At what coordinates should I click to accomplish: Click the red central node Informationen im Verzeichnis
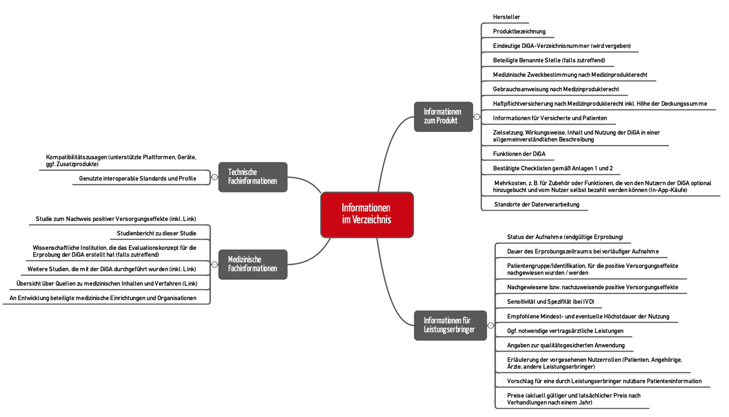click(367, 215)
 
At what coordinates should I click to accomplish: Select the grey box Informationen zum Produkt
click(443, 117)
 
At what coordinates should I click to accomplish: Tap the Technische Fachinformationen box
click(252, 177)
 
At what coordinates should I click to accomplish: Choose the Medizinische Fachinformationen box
click(252, 264)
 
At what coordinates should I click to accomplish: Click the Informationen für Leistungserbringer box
click(450, 325)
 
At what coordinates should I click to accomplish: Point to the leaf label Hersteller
click(506, 17)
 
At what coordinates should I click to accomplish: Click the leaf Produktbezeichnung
click(519, 32)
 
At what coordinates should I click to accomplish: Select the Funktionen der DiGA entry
click(519, 154)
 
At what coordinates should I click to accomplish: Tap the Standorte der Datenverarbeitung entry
click(536, 205)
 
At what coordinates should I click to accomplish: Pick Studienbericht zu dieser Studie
click(156, 233)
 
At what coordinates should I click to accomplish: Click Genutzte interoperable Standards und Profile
click(137, 179)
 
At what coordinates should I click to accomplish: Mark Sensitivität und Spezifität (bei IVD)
click(550, 302)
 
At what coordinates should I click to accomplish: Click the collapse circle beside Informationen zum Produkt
click(477, 117)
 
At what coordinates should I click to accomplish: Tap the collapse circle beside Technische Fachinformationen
click(214, 177)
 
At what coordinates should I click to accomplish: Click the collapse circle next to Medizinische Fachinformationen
click(214, 264)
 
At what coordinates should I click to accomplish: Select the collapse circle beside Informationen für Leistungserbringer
click(491, 325)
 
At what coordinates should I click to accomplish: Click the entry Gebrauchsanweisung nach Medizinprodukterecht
click(556, 89)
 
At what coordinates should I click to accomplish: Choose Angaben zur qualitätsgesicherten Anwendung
click(565, 345)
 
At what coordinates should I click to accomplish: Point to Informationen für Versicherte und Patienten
click(550, 118)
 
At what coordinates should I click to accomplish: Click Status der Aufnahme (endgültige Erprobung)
click(565, 237)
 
